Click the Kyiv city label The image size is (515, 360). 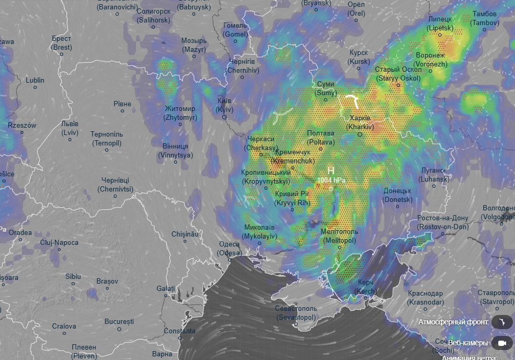click(x=225, y=105)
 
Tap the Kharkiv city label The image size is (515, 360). click(x=361, y=122)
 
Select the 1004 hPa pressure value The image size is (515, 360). click(x=330, y=180)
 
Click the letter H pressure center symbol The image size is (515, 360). click(x=330, y=171)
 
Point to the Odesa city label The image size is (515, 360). click(x=229, y=249)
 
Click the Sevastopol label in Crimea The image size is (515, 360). click(x=295, y=313)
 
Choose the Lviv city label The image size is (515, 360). click(x=70, y=128)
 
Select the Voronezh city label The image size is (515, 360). click(x=431, y=60)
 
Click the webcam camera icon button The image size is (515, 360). click(x=503, y=343)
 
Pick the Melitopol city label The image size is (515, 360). click(x=339, y=236)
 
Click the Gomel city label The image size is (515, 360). click(x=235, y=30)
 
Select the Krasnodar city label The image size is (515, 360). click(x=425, y=298)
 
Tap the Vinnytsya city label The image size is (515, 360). click(x=175, y=151)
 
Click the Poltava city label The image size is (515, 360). click(x=321, y=138)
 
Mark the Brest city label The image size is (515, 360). click(x=61, y=43)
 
